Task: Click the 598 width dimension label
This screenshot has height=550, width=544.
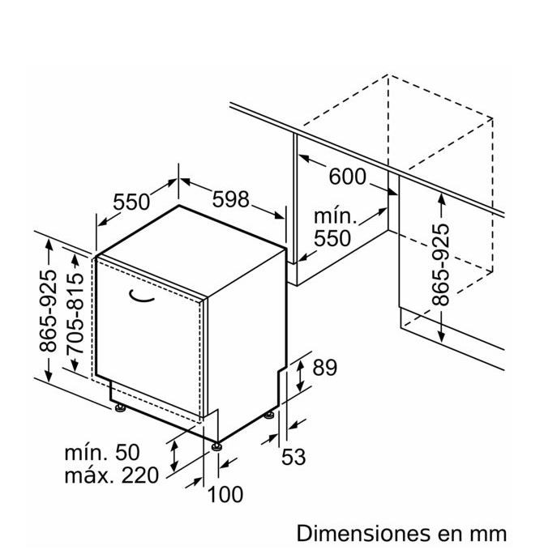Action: click(230, 199)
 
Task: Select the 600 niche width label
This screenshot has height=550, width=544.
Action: click(347, 177)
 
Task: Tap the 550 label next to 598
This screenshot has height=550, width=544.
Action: click(131, 202)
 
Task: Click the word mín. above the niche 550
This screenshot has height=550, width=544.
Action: click(335, 216)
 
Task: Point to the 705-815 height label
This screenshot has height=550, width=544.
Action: click(75, 313)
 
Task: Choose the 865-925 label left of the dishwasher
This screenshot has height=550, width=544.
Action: click(48, 311)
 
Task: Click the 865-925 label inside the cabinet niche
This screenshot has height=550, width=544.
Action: click(440, 265)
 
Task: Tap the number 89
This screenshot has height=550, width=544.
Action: click(324, 368)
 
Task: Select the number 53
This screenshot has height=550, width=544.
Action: click(293, 457)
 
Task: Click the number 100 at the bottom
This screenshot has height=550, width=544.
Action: click(225, 494)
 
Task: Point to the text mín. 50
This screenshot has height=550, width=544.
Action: click(102, 452)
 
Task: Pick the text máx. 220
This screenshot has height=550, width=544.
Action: click(112, 475)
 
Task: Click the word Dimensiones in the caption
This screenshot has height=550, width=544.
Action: click(363, 533)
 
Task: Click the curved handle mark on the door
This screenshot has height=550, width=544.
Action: click(142, 296)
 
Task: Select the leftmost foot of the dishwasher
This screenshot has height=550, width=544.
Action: click(120, 408)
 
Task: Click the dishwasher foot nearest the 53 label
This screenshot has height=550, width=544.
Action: click(269, 415)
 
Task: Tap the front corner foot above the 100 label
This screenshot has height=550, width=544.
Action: click(216, 446)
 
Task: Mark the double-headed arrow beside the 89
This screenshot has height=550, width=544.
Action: click(300, 376)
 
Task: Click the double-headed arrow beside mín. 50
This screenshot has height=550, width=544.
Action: click(174, 456)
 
